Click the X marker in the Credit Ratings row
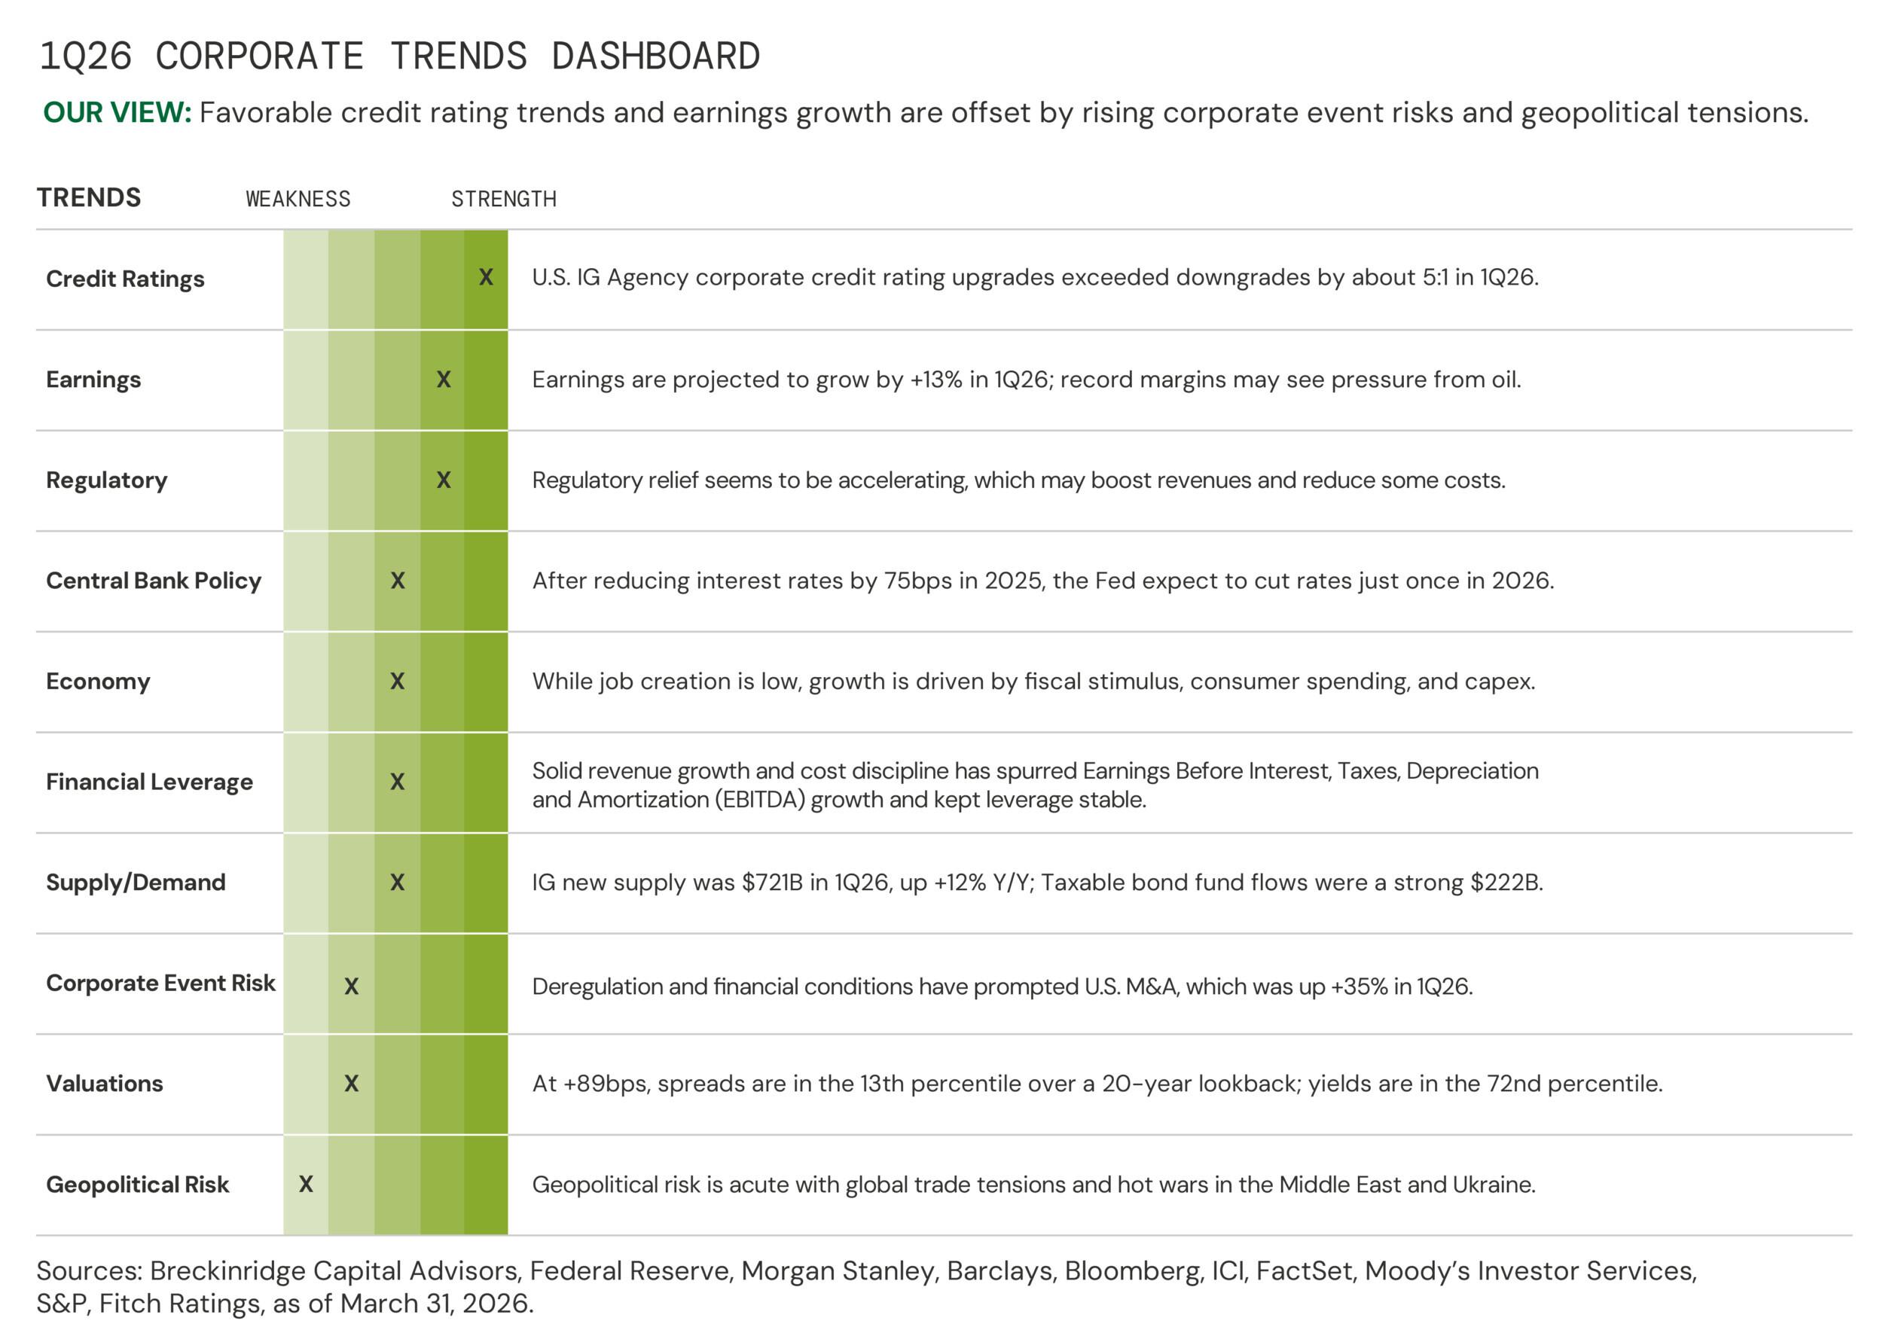click(x=486, y=278)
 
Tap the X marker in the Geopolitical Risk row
click(x=306, y=1184)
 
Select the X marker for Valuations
click(x=351, y=1084)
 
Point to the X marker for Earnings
click(x=444, y=380)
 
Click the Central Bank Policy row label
click(x=154, y=581)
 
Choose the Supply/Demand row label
click(x=136, y=883)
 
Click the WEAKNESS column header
click(x=298, y=199)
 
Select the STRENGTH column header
click(x=504, y=199)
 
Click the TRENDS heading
click(x=89, y=197)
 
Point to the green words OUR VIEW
click(x=117, y=112)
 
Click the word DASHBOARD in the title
click(x=655, y=57)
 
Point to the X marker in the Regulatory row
click(x=444, y=480)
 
